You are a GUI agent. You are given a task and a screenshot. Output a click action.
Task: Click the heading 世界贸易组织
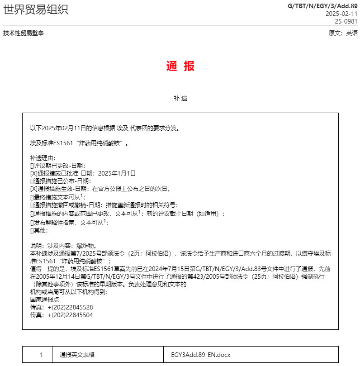tap(36, 10)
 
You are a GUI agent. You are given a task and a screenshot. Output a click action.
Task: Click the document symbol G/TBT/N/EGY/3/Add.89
tap(322, 6)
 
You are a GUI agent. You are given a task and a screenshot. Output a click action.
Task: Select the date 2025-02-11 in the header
tap(341, 14)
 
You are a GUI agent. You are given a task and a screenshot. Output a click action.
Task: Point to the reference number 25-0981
tap(346, 21)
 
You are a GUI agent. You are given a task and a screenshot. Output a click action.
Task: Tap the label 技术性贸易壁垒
tap(24, 33)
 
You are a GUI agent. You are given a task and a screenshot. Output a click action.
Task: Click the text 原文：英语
tap(343, 33)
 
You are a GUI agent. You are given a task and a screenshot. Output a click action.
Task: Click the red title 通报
tap(180, 67)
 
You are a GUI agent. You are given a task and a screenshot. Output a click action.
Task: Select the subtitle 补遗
tap(180, 98)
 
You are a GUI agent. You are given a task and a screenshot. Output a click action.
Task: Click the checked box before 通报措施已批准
tap(32, 173)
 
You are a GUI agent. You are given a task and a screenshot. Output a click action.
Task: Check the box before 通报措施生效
tap(32, 189)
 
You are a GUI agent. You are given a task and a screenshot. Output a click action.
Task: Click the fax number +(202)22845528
tap(70, 307)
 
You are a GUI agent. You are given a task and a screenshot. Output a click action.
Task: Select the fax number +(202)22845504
tap(70, 315)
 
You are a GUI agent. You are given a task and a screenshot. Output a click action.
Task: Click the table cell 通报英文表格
tap(77, 355)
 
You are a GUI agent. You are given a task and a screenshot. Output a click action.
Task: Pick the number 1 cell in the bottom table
tap(41, 355)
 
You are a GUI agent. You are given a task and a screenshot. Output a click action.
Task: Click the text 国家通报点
tap(44, 299)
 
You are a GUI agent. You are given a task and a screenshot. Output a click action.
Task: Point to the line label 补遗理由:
tap(43, 158)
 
